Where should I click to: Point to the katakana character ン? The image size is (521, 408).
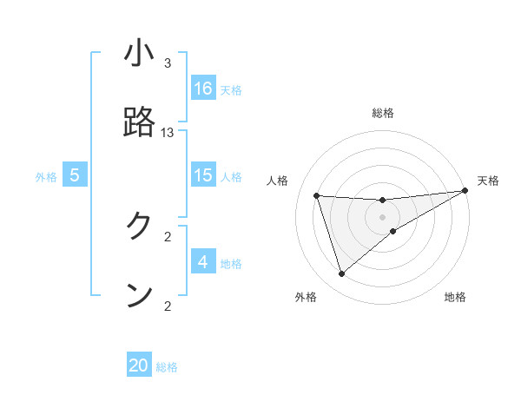point(139,295)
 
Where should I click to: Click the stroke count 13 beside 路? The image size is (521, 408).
point(168,133)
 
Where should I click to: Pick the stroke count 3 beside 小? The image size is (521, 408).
point(168,63)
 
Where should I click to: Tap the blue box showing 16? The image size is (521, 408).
point(203,89)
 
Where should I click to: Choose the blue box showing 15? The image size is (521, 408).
point(203,175)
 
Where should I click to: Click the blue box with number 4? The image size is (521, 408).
point(203,262)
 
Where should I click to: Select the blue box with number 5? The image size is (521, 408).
point(75,175)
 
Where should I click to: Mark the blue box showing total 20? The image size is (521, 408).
point(139,365)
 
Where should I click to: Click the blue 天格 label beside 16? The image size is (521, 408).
point(231,89)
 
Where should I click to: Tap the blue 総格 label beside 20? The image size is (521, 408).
point(167,367)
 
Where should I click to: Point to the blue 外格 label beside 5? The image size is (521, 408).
point(46,176)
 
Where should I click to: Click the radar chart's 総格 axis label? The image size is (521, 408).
point(383,113)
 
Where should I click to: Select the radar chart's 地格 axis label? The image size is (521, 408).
point(455,297)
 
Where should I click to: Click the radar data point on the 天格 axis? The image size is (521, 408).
point(466,192)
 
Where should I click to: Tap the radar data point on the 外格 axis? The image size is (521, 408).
point(341,274)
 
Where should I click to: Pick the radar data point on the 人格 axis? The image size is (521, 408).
point(317,195)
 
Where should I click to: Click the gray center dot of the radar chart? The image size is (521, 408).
point(383,217)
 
